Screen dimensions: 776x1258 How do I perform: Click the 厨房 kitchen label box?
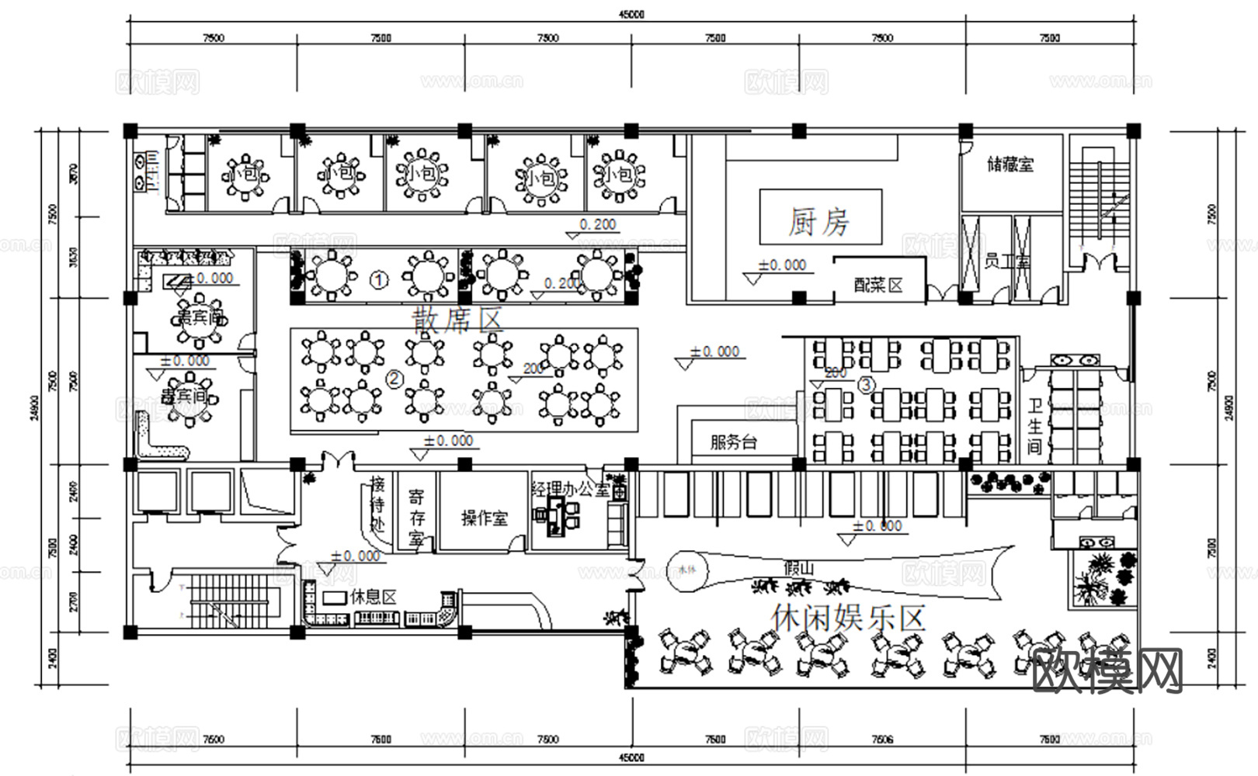point(820,222)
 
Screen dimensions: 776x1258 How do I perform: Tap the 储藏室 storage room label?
point(1010,165)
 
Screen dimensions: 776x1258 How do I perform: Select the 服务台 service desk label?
point(733,443)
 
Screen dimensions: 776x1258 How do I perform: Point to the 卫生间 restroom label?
point(1034,426)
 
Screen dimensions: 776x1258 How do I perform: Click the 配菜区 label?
point(878,285)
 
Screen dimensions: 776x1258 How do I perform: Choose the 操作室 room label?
point(484,518)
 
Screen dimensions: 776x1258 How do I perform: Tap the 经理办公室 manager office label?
point(570,490)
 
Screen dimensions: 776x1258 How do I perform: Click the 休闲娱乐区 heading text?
point(848,618)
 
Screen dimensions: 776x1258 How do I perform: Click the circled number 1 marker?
point(378,279)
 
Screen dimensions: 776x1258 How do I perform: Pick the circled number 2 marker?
point(394,379)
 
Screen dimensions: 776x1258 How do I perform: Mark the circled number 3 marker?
point(866,384)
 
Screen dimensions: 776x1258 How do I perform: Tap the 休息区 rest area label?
point(373,597)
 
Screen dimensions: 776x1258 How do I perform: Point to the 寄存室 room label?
point(416,518)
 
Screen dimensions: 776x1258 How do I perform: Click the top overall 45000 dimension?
point(632,14)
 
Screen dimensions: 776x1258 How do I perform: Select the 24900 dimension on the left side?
point(33,407)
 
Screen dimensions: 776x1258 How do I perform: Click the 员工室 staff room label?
point(1006,262)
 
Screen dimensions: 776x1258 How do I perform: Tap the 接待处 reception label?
point(377,504)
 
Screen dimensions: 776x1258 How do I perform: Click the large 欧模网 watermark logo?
point(1109,670)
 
